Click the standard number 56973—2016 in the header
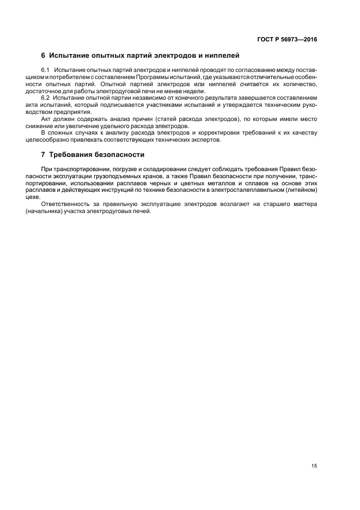298,40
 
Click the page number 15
314,466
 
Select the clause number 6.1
46,71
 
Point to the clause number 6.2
46,98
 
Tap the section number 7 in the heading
43,155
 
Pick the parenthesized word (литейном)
300,190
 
